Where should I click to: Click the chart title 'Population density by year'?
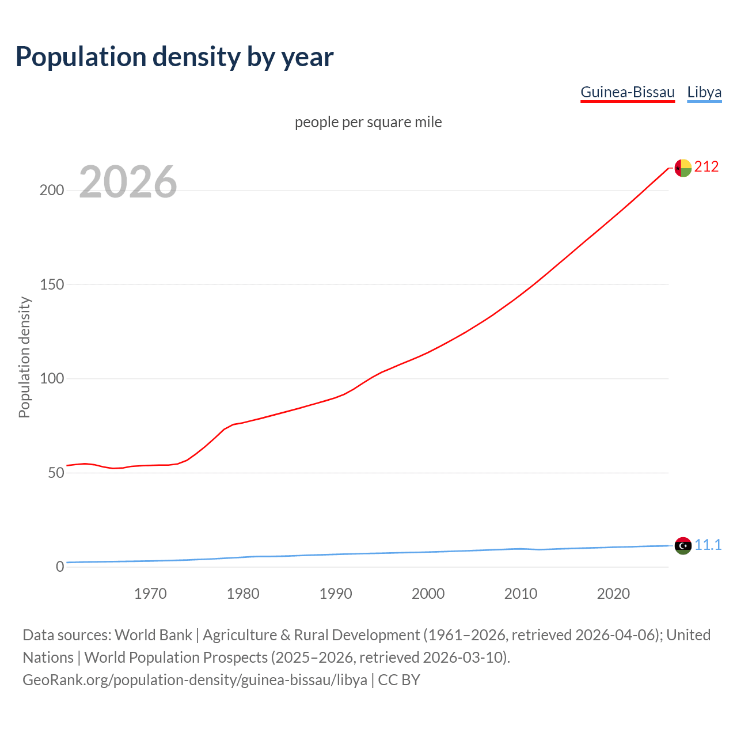click(x=174, y=57)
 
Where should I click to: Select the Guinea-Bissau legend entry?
click(x=627, y=92)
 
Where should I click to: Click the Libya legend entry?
click(x=704, y=92)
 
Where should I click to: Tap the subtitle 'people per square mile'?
click(x=368, y=122)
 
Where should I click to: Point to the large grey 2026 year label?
click(x=128, y=182)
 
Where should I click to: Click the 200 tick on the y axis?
click(x=52, y=191)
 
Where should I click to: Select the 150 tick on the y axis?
click(x=52, y=284)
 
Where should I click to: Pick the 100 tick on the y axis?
click(x=52, y=379)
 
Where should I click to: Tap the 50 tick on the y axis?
click(x=56, y=473)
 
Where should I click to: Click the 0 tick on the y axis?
click(x=60, y=567)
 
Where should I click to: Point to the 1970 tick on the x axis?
click(x=150, y=594)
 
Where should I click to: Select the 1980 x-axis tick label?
click(x=243, y=594)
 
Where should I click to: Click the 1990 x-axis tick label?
click(x=336, y=594)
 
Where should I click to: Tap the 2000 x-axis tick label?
click(x=428, y=594)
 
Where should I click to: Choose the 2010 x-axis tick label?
click(x=521, y=594)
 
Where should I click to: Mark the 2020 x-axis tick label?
click(x=613, y=594)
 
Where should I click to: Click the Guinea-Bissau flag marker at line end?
click(x=683, y=168)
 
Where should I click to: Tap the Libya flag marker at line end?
click(x=683, y=545)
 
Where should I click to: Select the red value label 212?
click(x=706, y=167)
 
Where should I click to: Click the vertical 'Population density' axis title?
click(x=24, y=357)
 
